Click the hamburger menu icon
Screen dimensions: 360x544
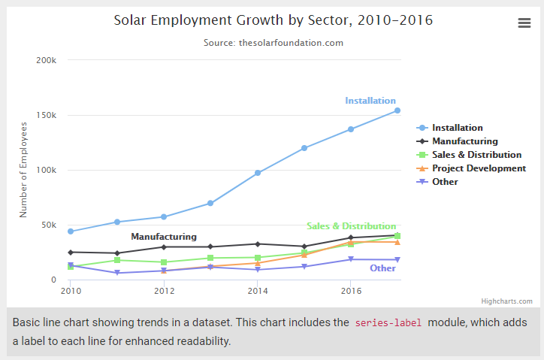pyautogui.click(x=524, y=23)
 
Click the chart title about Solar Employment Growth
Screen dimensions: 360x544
pyautogui.click(x=273, y=20)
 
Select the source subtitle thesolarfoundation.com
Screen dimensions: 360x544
pyautogui.click(x=273, y=43)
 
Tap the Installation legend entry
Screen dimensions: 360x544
pyautogui.click(x=457, y=128)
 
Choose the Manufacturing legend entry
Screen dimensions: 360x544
pyautogui.click(x=464, y=141)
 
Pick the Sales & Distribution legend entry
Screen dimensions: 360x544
pyautogui.click(x=476, y=155)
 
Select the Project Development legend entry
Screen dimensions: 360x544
pyautogui.click(x=479, y=168)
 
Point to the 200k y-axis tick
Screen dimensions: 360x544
pyautogui.click(x=47, y=60)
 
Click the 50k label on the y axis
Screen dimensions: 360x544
pyautogui.click(x=49, y=225)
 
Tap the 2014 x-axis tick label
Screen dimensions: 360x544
pyautogui.click(x=258, y=290)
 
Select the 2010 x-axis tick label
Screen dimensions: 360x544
pyautogui.click(x=71, y=290)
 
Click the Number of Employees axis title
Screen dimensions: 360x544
pyautogui.click(x=23, y=170)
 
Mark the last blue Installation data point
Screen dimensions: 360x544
pyautogui.click(x=397, y=110)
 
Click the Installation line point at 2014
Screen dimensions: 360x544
pyautogui.click(x=258, y=173)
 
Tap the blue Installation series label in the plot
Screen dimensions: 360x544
pyautogui.click(x=370, y=101)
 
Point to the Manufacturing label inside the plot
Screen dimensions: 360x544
pyautogui.click(x=164, y=237)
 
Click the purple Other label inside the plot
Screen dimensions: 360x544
pyautogui.click(x=382, y=268)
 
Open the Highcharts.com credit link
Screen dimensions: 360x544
pyautogui.click(x=506, y=301)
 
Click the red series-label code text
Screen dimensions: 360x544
pyautogui.click(x=388, y=322)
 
